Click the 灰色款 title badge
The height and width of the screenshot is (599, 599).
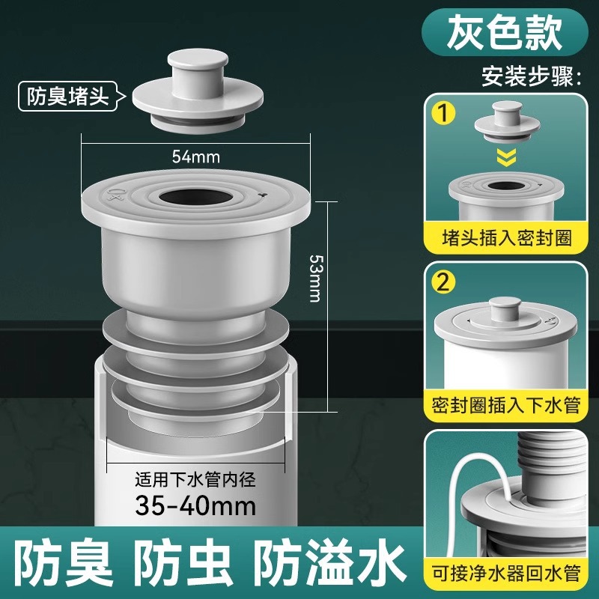point(504,32)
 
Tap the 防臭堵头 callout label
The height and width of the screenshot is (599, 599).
point(67,97)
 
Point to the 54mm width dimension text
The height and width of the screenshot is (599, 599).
point(196,156)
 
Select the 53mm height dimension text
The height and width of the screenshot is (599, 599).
point(315,278)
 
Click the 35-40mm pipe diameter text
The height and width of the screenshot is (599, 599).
point(195,505)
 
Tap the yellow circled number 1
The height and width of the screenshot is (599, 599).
point(443,113)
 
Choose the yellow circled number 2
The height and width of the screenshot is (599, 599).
point(443,283)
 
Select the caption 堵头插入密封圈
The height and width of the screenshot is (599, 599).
point(507,237)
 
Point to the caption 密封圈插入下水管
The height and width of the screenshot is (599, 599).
point(507,405)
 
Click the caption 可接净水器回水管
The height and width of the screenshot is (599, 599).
point(507,573)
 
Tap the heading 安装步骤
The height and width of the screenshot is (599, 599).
point(532,76)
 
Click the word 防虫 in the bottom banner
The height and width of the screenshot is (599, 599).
point(183,564)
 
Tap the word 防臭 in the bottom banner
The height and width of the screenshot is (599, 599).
point(65,564)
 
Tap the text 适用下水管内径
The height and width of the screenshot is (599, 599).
point(195,479)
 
